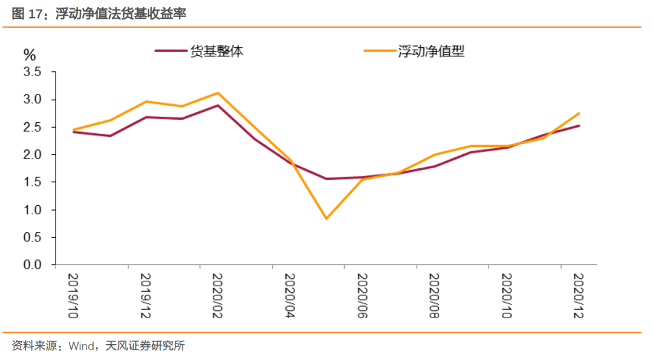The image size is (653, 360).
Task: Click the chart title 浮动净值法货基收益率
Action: pos(121,14)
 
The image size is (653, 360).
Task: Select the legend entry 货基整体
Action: pos(216,51)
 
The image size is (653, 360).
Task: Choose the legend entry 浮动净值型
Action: pos(430,51)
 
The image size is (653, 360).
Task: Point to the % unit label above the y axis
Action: pos(30,55)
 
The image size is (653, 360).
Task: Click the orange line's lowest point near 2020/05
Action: pos(326,218)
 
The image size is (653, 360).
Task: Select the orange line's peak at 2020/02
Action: pos(218,93)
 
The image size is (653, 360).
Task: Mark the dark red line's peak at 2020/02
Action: pos(218,105)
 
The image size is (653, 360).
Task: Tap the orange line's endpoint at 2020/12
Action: pos(579,113)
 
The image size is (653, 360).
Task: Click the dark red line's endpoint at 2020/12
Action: pos(579,126)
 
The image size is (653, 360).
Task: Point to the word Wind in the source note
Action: pos(82,347)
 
